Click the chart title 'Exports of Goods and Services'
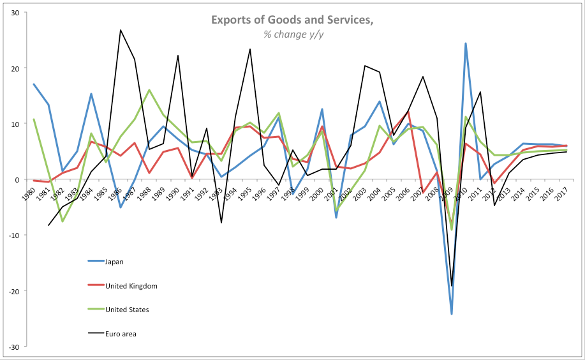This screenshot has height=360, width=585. pos(292,20)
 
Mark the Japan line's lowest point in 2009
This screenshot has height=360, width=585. pos(452,313)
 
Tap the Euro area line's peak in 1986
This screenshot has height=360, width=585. pos(121,30)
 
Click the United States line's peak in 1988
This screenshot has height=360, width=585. pos(149,90)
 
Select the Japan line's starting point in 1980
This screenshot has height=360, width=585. pos(34,84)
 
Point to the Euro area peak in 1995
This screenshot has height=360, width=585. pos(249,49)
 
